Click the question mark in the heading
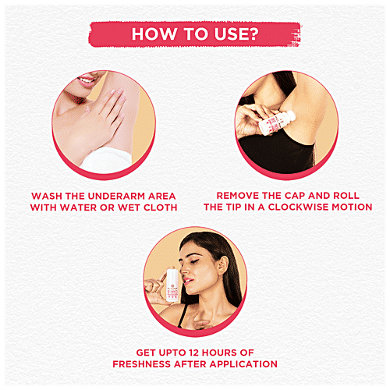(253, 34)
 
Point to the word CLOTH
(161, 207)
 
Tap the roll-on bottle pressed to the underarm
(277, 123)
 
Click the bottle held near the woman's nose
(172, 285)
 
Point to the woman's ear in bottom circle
(223, 265)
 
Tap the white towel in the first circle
(107, 160)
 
